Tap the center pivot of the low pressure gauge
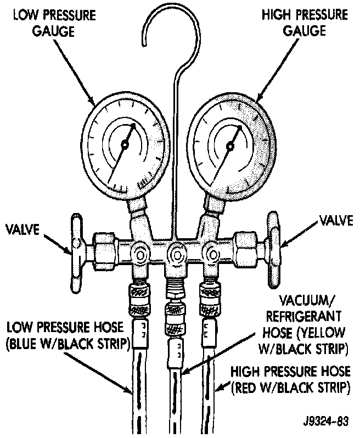[125, 144]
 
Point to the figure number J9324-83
[326, 422]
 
